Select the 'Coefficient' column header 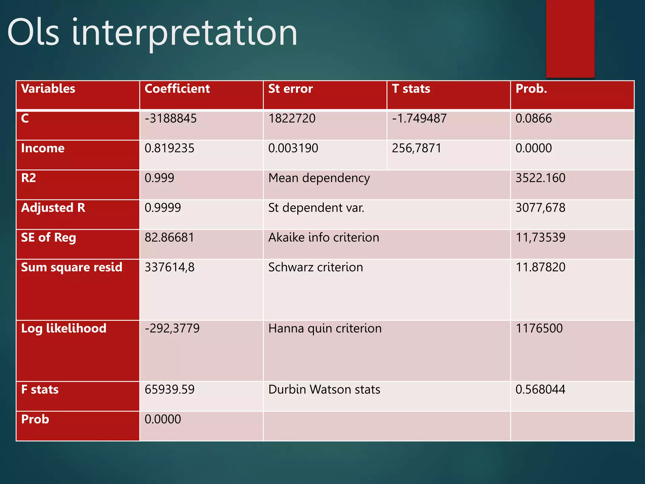[x=177, y=89]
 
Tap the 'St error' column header [x=290, y=89]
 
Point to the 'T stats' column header [x=411, y=89]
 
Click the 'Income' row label [x=43, y=148]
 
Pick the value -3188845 [x=170, y=118]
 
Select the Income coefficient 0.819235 [x=169, y=148]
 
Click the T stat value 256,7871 [x=416, y=148]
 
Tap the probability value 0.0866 [x=534, y=118]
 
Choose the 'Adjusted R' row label [x=53, y=208]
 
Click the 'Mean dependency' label [x=319, y=178]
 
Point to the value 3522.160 [x=540, y=178]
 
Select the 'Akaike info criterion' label [x=324, y=238]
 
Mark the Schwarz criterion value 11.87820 [x=540, y=267]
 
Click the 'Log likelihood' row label [x=64, y=328]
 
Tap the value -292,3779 [x=172, y=328]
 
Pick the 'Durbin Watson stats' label [x=324, y=389]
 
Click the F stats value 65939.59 [x=169, y=389]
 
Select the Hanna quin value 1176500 [x=539, y=328]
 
